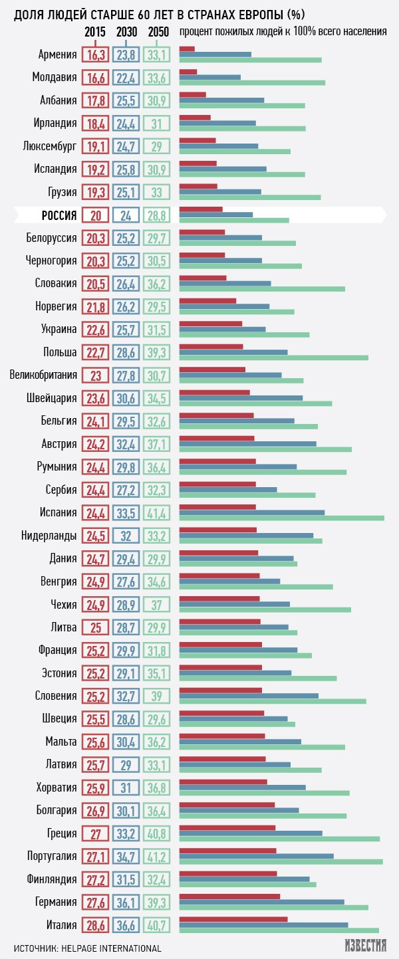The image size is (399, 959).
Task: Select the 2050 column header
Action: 157,31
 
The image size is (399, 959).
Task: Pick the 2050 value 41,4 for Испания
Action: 157,512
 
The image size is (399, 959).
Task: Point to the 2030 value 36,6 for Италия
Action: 126,924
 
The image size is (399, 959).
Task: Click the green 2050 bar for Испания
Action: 282,518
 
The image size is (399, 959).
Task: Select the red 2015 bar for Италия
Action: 233,918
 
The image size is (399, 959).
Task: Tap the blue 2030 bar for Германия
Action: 262,902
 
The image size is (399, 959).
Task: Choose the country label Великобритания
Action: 43,375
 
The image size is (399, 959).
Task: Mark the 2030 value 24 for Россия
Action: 126,215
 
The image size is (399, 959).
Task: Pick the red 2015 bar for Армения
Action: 187,49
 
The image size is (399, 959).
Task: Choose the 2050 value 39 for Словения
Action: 157,696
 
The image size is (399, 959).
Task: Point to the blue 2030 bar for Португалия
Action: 257,856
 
